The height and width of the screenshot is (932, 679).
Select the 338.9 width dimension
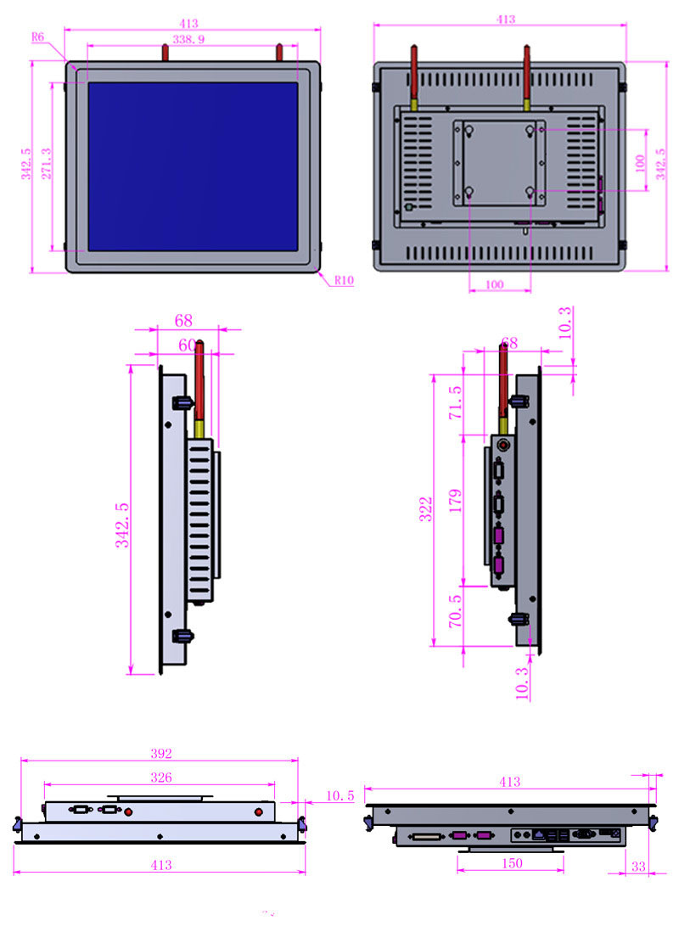coord(188,39)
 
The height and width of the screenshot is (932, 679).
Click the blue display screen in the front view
coord(193,166)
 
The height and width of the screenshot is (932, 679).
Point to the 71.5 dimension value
coord(456,402)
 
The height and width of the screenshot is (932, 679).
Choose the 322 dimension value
coord(426,508)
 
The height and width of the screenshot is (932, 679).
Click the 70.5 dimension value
coord(456,611)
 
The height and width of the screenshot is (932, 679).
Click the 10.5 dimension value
coord(339,795)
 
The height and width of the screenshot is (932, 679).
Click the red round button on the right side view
coord(502,444)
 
